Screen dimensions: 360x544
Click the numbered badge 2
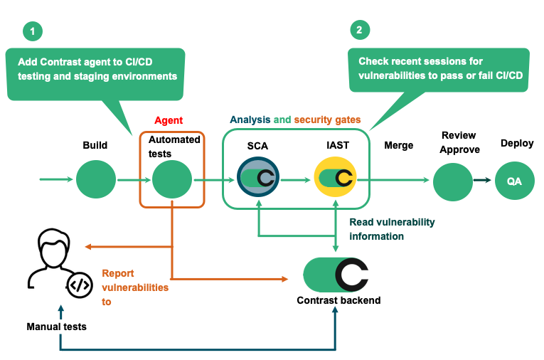coord(361,30)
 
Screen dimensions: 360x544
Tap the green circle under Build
coord(96,180)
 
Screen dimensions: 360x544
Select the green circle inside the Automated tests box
coord(172,180)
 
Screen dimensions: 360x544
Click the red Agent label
coord(169,121)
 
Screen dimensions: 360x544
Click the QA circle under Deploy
coord(514,181)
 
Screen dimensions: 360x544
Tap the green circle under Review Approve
coord(453,181)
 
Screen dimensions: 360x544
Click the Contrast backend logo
coord(336,275)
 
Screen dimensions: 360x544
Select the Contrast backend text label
coord(338,300)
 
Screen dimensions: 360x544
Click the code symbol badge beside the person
coord(79,285)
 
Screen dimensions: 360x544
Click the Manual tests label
coord(56,327)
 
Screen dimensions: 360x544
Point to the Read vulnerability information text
coord(392,229)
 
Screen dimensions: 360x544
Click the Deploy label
coord(516,143)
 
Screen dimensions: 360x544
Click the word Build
coord(95,145)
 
